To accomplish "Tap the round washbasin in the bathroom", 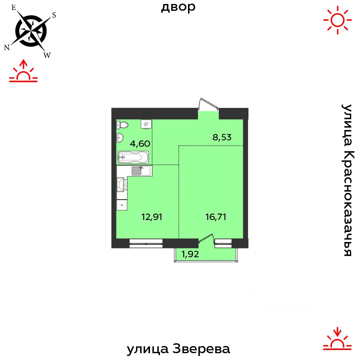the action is tap(120, 138).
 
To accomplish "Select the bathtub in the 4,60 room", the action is tap(133, 157).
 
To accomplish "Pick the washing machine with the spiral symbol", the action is tap(146, 124).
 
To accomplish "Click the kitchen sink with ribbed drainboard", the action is tap(141, 171).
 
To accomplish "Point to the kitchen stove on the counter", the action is tap(122, 185).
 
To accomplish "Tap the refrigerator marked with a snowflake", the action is tap(122, 205).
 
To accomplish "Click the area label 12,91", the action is tap(152, 217).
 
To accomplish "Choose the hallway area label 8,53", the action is tap(222, 137).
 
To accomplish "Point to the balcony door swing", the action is tap(206, 239).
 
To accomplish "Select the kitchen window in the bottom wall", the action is tap(146, 241).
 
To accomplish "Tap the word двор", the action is tap(178, 7).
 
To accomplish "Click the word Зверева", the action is tap(202, 349).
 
